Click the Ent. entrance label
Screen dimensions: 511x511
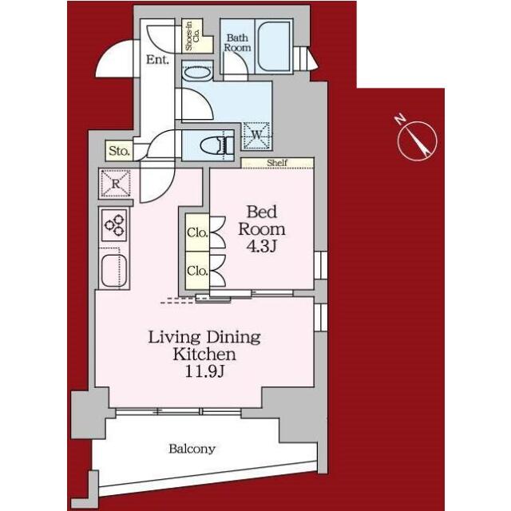click(x=157, y=60)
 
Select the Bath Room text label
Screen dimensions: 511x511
click(x=237, y=42)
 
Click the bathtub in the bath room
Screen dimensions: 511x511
click(x=274, y=46)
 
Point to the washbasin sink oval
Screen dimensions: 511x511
click(x=197, y=73)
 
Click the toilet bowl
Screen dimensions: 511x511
click(x=214, y=145)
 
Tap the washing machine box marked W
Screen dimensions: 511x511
click(x=256, y=136)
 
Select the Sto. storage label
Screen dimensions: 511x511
click(x=120, y=151)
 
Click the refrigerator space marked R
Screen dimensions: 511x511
click(x=116, y=184)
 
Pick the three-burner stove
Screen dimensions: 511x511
click(x=114, y=225)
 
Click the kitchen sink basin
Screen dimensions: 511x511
click(x=113, y=270)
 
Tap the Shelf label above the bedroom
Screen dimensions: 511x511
click(x=277, y=162)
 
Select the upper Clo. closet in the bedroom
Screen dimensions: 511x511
click(x=197, y=232)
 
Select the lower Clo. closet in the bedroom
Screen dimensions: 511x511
click(x=197, y=270)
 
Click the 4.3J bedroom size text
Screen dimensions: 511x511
click(x=261, y=247)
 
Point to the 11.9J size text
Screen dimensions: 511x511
click(x=204, y=371)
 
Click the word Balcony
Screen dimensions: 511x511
click(x=192, y=449)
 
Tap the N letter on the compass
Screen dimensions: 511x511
click(x=400, y=119)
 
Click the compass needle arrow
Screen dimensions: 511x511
click(x=417, y=141)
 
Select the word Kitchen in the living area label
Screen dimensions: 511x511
click(x=204, y=355)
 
